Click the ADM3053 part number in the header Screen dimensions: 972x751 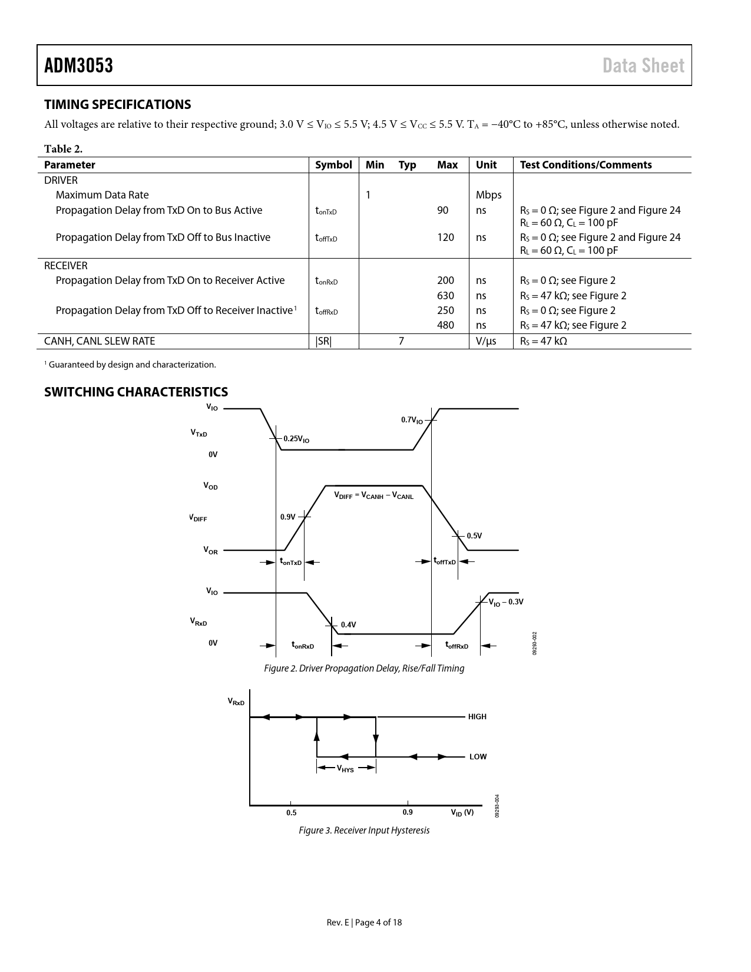point(79,65)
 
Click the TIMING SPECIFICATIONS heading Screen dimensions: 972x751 point(118,104)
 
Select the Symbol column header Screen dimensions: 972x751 point(333,165)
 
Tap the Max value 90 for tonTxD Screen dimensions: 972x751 point(442,210)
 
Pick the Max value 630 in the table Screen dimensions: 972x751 point(445,296)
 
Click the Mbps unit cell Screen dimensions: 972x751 point(488,195)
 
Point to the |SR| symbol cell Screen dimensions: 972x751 point(323,341)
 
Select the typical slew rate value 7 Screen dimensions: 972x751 point(401,341)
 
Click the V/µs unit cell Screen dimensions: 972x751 point(486,341)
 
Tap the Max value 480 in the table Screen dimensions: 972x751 point(445,325)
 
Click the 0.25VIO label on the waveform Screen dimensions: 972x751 point(296,439)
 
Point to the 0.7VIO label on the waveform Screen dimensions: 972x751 point(412,420)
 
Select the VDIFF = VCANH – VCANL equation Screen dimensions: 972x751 point(373,496)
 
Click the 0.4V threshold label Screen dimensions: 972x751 point(348,624)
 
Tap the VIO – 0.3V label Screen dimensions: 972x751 point(506,601)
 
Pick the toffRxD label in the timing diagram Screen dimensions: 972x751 point(456,646)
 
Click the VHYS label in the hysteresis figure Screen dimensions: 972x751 point(345,768)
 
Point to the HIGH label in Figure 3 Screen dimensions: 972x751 point(477,717)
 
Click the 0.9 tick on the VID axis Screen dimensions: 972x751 point(408,812)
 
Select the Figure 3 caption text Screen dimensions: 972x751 point(364,830)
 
